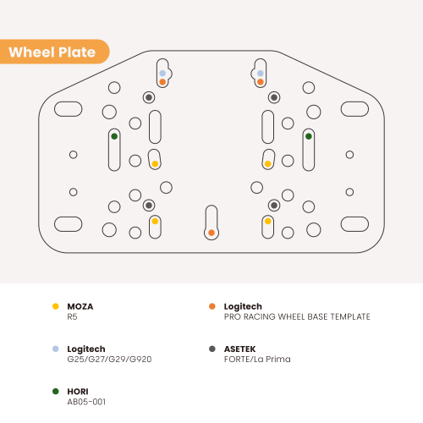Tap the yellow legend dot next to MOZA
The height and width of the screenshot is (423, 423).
pyautogui.click(x=56, y=306)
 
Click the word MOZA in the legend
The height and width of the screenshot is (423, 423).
pyautogui.click(x=80, y=306)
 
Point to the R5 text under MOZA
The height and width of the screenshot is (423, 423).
pyautogui.click(x=72, y=317)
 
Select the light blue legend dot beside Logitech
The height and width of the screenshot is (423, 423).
pyautogui.click(x=56, y=349)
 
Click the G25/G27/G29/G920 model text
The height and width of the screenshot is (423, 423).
pyautogui.click(x=109, y=360)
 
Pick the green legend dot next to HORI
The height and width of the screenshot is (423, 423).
pyautogui.click(x=56, y=392)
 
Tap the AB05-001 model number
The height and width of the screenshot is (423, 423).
pyautogui.click(x=86, y=402)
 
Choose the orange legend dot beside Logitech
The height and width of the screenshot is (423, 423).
pyautogui.click(x=212, y=306)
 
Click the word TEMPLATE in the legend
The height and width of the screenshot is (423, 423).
pyautogui.click(x=350, y=317)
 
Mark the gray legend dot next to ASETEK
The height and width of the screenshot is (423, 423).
pyautogui.click(x=212, y=349)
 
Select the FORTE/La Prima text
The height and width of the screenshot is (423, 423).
pyautogui.click(x=257, y=360)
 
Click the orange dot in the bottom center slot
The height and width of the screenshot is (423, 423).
pyautogui.click(x=211, y=233)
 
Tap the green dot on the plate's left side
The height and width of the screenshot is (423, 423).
pyautogui.click(x=114, y=136)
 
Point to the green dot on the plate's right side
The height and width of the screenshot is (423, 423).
pyautogui.click(x=309, y=136)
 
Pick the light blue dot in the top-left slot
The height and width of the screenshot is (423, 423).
pyautogui.click(x=162, y=74)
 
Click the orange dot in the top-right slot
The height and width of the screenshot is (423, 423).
pyautogui.click(x=261, y=82)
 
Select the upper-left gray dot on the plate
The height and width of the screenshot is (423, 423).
pyautogui.click(x=149, y=97)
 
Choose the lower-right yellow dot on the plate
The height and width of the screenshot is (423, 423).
pyautogui.click(x=268, y=221)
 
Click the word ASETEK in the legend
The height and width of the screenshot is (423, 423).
pyautogui.click(x=239, y=349)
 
